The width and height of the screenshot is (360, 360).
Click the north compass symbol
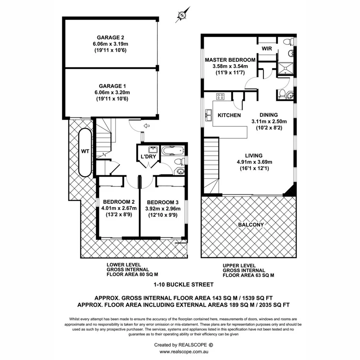point(182,14)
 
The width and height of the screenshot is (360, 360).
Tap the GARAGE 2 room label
point(110,37)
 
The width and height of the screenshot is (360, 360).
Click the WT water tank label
point(85,151)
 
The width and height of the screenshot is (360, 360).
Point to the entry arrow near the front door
point(147,126)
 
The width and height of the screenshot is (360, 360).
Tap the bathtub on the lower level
point(172,150)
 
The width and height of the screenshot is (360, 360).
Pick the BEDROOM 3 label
point(163,202)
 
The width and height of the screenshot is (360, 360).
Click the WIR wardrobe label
point(267,49)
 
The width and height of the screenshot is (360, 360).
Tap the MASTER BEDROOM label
point(230,60)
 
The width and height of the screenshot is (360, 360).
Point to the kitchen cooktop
point(221,97)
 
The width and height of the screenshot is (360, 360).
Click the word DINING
point(268,115)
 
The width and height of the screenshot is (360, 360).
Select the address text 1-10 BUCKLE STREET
point(181,285)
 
